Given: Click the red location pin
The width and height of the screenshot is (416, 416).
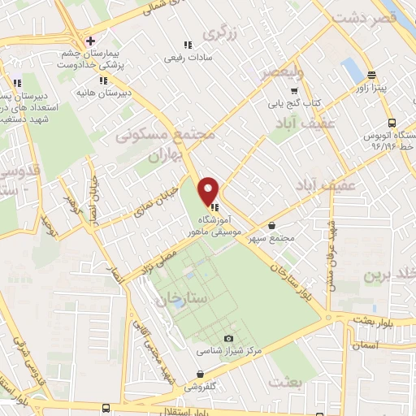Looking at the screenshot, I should (210, 191).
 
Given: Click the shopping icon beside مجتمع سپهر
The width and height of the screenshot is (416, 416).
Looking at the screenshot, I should (271, 227).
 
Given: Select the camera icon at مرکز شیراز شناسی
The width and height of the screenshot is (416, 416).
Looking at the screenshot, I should (227, 338).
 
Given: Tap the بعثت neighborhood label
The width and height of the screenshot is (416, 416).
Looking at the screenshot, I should (285, 380).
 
